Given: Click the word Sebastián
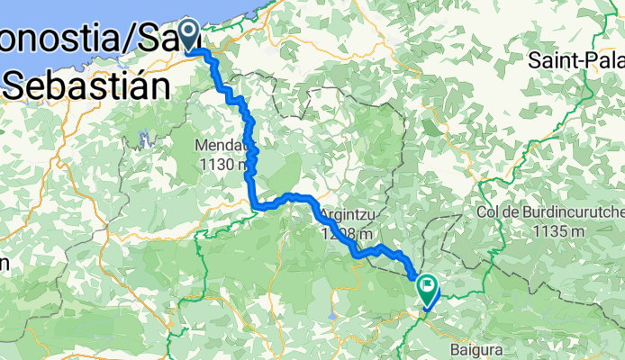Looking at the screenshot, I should (86, 86).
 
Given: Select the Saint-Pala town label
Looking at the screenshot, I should (575, 61).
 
